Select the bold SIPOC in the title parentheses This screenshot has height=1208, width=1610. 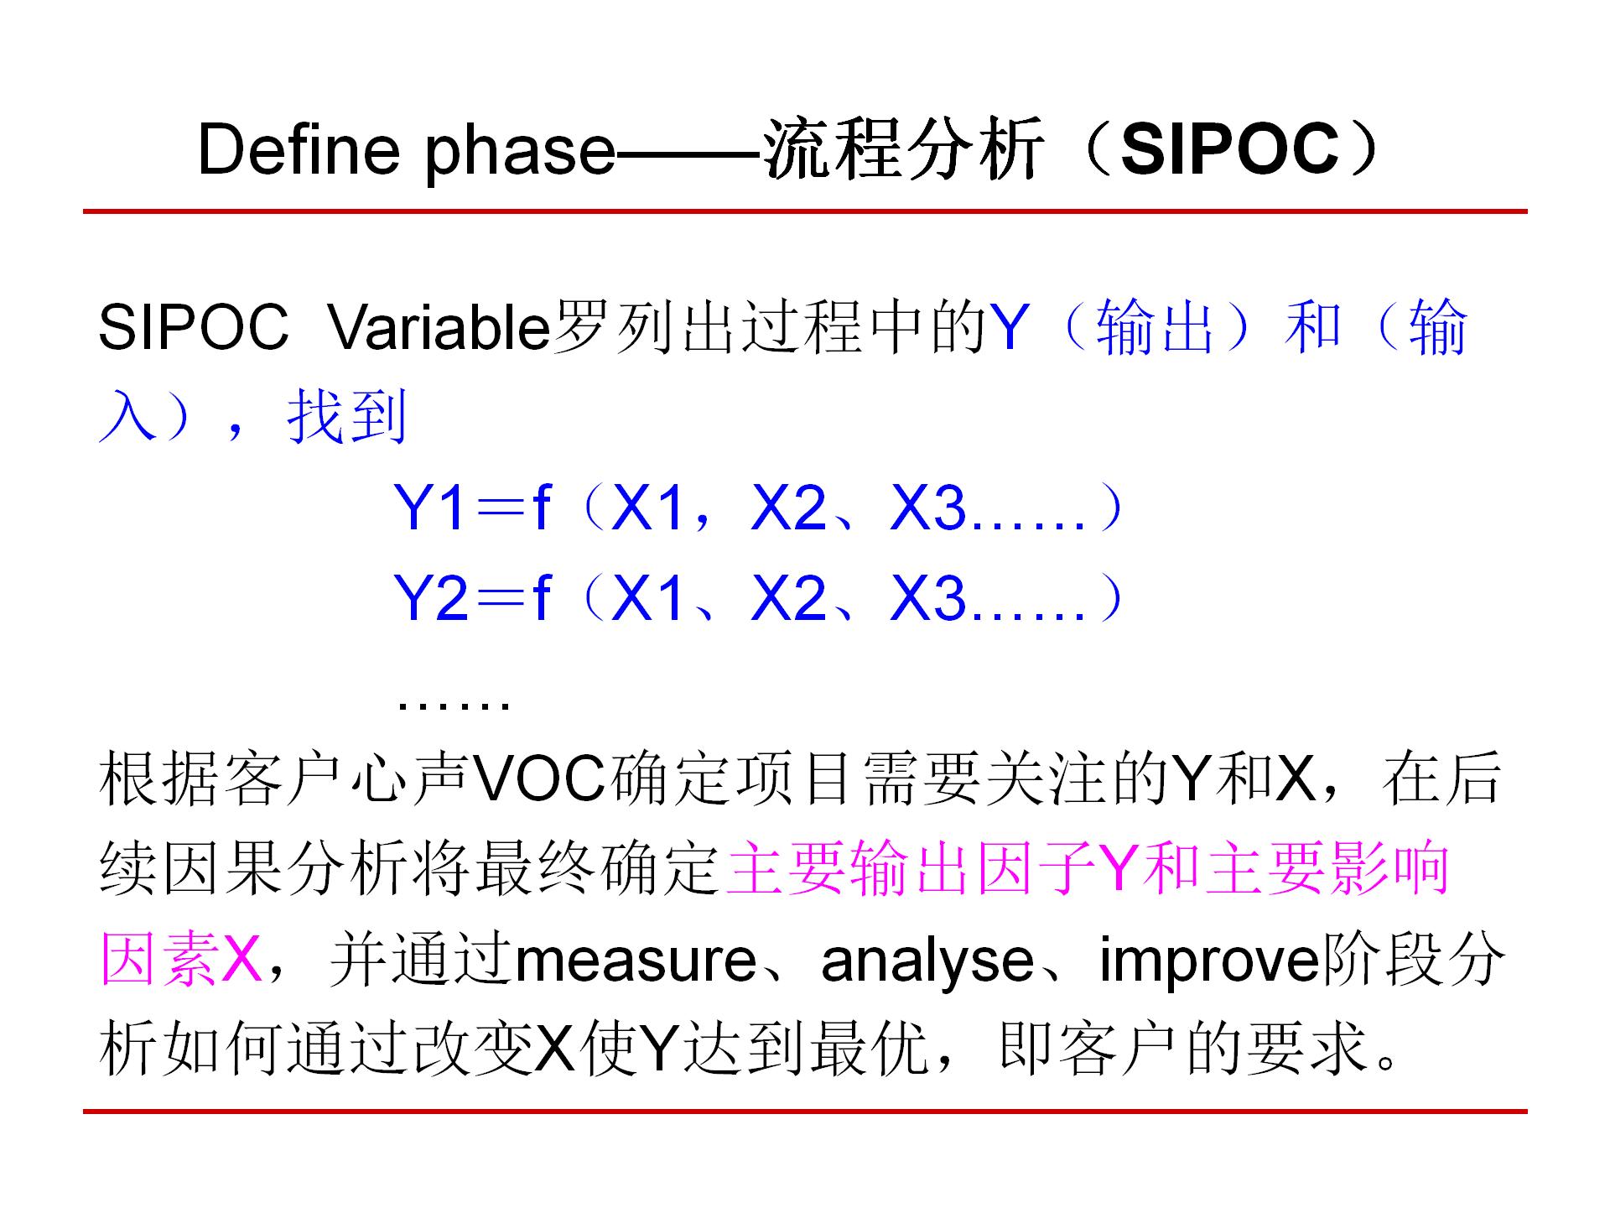pyautogui.click(x=1228, y=149)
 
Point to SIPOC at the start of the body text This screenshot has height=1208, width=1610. pyautogui.click(x=194, y=326)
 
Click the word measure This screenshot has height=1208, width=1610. pyautogui.click(x=636, y=961)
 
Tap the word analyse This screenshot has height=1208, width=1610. pyautogui.click(x=927, y=961)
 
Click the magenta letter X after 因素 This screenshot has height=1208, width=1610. pyautogui.click(x=240, y=958)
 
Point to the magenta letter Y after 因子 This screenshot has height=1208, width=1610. pyautogui.click(x=1124, y=868)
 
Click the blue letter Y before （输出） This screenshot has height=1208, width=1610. pyautogui.click(x=1010, y=326)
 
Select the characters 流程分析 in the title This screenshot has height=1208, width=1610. pyautogui.click(x=904, y=149)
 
